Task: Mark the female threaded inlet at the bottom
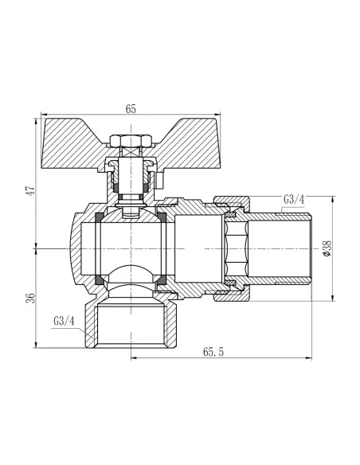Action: pos(127,330)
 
